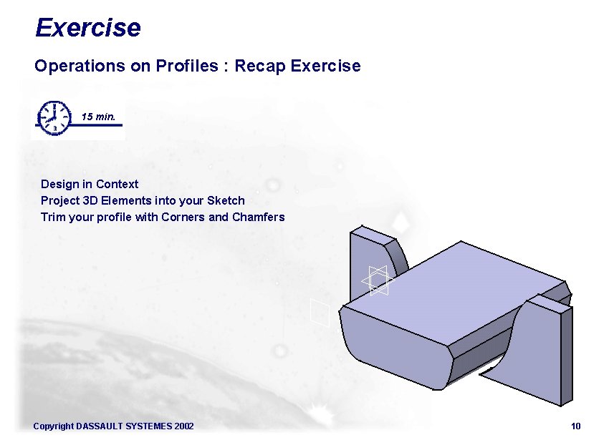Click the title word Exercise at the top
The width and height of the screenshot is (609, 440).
(87, 28)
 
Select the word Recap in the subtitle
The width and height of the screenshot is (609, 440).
(260, 66)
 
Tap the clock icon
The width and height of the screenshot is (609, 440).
(54, 117)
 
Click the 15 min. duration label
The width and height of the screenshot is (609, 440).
(98, 116)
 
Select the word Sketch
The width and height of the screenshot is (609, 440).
(226, 200)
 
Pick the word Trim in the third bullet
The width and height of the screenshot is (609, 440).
(52, 217)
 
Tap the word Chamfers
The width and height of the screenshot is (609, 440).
(259, 217)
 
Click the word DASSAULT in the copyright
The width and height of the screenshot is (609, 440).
(100, 426)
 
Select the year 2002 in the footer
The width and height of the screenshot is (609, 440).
(183, 426)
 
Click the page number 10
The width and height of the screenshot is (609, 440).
(576, 426)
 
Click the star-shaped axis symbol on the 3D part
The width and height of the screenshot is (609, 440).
(378, 280)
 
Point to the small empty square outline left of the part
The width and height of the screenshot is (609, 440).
(320, 312)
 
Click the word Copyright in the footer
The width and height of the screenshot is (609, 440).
(53, 426)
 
